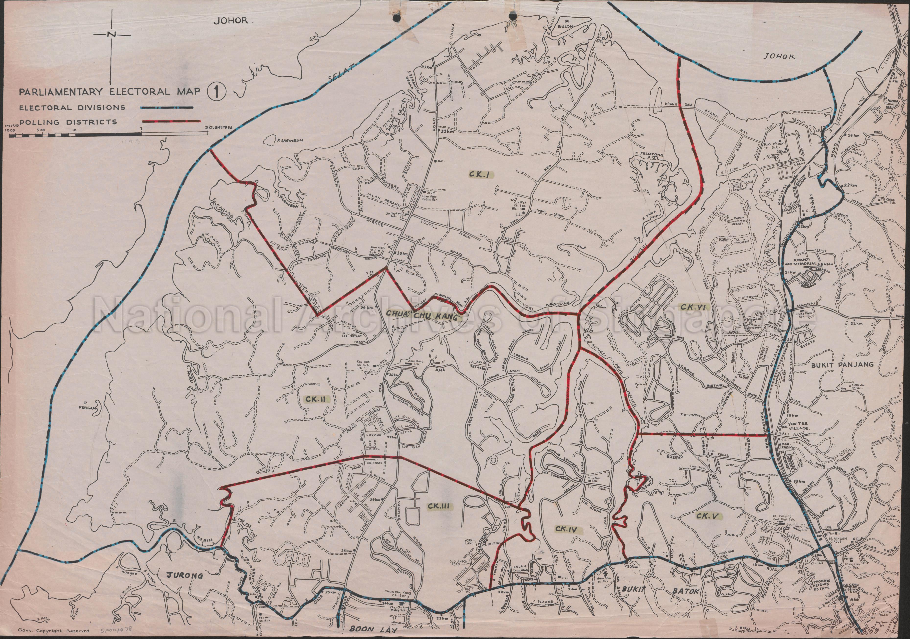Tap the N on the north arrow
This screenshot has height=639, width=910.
112,35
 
